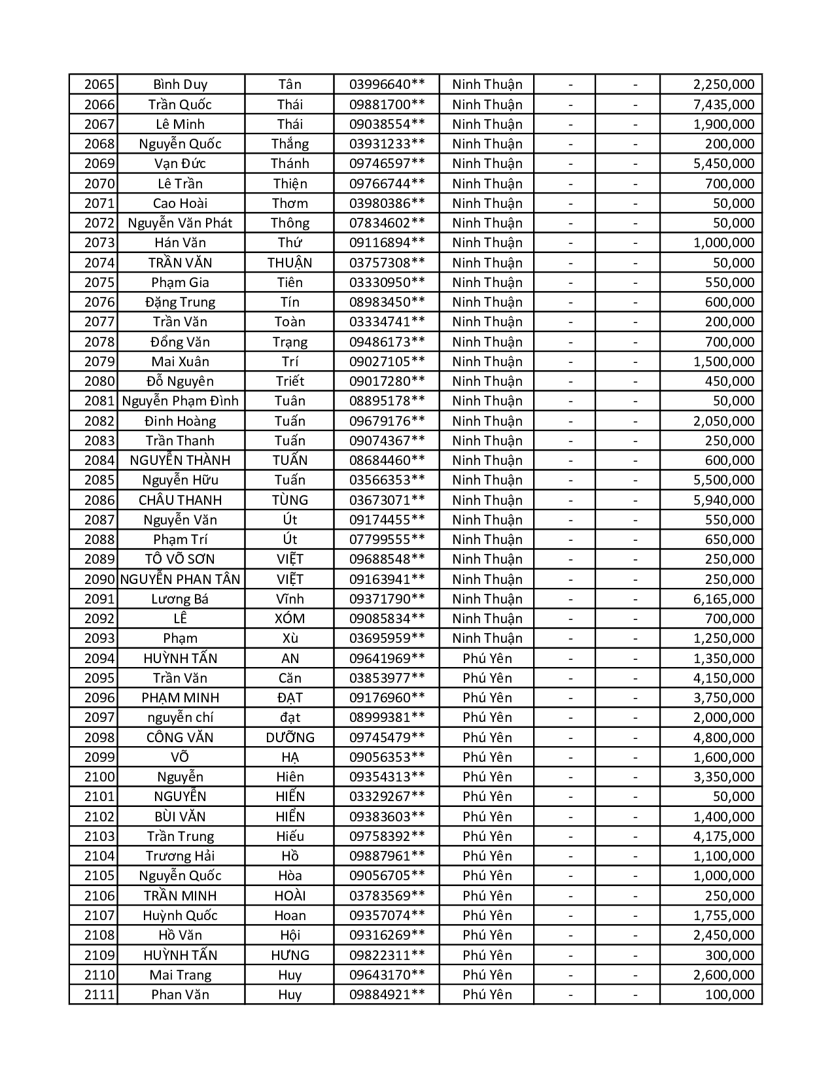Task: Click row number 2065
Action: point(99,84)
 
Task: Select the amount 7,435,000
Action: point(723,104)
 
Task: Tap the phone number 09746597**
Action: point(387,163)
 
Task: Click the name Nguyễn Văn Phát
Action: point(180,223)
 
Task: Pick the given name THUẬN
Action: point(290,263)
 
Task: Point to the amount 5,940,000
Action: point(723,500)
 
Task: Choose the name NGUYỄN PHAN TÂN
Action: point(181,579)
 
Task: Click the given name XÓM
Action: point(290,619)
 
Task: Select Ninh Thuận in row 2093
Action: point(487,638)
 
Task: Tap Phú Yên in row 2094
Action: point(487,659)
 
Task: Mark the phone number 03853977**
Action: point(387,678)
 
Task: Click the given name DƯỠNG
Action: point(290,738)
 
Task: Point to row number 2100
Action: point(99,777)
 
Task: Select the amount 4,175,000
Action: point(723,836)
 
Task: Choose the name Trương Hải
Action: point(180,856)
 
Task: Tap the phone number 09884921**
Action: point(387,995)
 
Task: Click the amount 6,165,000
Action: point(723,599)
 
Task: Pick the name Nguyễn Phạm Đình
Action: point(181,401)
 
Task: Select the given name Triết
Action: point(290,381)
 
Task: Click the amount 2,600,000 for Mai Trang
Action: point(723,975)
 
